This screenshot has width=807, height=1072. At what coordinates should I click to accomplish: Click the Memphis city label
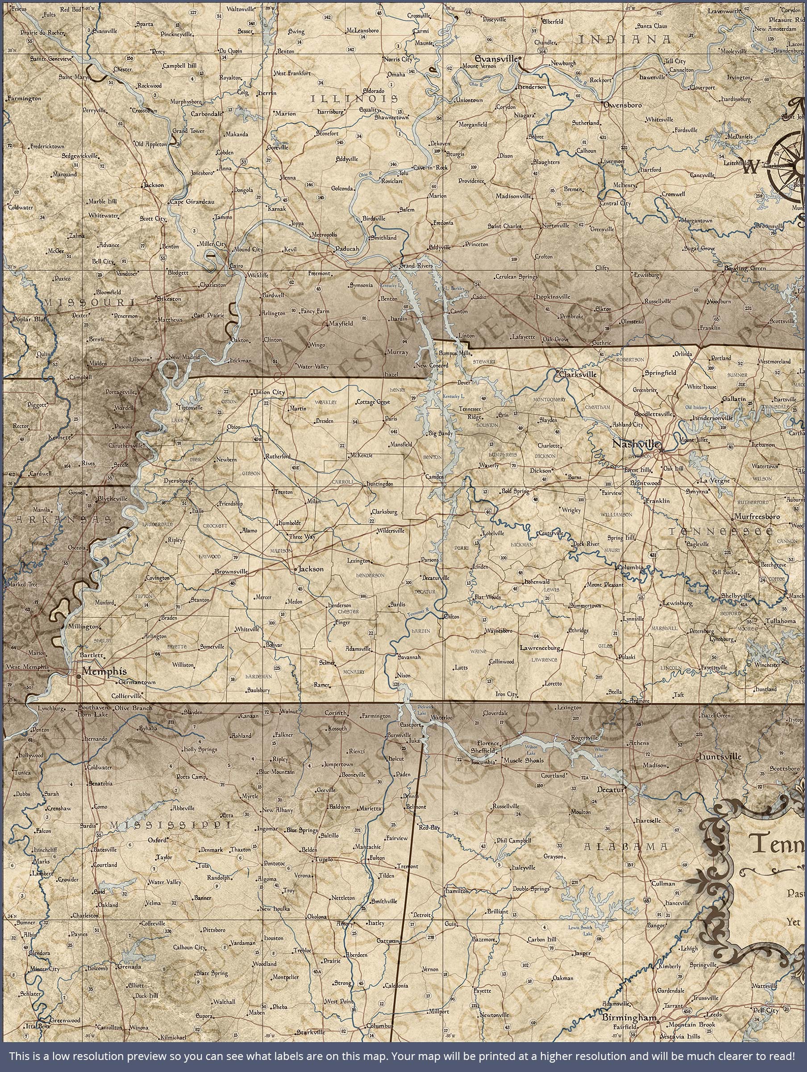pyautogui.click(x=104, y=671)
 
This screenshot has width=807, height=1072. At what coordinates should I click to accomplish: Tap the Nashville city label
pyautogui.click(x=635, y=444)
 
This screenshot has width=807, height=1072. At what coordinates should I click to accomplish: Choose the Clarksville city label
pyautogui.click(x=578, y=374)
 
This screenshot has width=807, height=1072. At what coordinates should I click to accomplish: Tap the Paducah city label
pyautogui.click(x=347, y=249)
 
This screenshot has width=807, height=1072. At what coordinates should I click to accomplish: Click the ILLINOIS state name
pyautogui.click(x=354, y=99)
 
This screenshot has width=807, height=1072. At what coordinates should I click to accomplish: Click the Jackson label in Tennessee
pyautogui.click(x=311, y=569)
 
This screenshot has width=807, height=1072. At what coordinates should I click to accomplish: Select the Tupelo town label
pyautogui.click(x=324, y=860)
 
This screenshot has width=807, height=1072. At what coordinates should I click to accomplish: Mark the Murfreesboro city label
pyautogui.click(x=757, y=517)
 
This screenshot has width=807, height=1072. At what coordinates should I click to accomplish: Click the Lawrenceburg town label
pyautogui.click(x=540, y=648)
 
